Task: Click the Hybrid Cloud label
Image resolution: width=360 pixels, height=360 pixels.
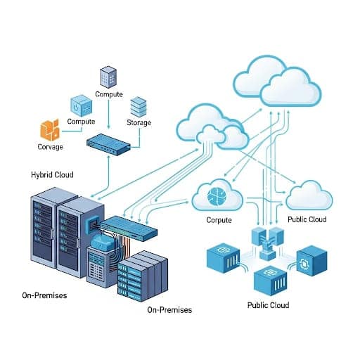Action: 51,174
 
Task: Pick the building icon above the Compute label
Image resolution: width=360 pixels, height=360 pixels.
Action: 108,77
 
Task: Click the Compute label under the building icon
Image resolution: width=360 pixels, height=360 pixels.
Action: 108,94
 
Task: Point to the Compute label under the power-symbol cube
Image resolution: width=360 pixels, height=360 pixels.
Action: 80,122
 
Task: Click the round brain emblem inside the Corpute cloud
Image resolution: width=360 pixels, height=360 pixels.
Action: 217,194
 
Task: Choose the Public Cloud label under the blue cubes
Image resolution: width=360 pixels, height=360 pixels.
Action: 268,305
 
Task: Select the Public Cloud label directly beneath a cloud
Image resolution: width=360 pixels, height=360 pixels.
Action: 307,220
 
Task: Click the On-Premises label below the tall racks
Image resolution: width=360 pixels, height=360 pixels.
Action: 44,295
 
